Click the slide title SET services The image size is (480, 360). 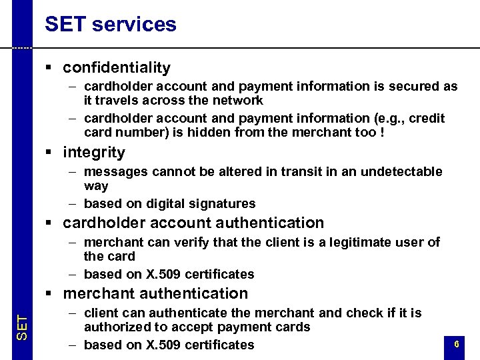pyautogui.click(x=111, y=25)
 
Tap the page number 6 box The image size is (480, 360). pyautogui.click(x=456, y=345)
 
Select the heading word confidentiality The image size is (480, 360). pyautogui.click(x=117, y=67)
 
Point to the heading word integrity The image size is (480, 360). pyautogui.click(x=94, y=152)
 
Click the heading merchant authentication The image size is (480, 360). pyautogui.click(x=155, y=293)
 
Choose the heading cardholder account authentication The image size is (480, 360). pyautogui.click(x=193, y=223)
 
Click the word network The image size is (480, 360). pyautogui.click(x=239, y=101)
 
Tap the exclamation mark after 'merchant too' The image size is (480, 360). pyautogui.click(x=382, y=132)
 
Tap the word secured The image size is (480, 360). pyautogui.click(x=417, y=87)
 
